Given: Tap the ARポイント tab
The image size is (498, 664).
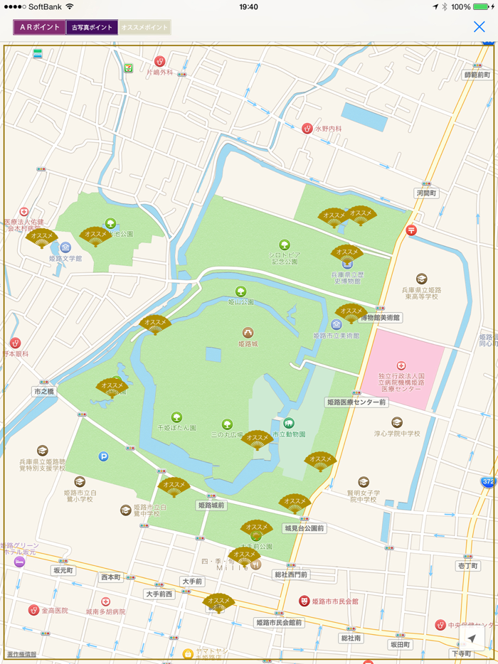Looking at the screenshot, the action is [x=40, y=27].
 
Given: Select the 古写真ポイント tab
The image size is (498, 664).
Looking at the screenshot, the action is [x=92, y=27].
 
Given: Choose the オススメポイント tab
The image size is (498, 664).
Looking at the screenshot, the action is [x=144, y=27].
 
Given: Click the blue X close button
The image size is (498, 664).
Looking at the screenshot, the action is [x=480, y=27].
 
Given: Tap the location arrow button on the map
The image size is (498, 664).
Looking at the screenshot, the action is [x=472, y=639].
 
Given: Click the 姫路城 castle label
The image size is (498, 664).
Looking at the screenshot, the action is [x=248, y=343].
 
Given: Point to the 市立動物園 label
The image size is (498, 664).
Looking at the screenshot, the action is [x=289, y=434].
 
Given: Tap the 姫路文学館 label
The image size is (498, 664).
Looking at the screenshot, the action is [x=65, y=258].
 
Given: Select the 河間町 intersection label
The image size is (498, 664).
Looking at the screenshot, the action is [x=427, y=193].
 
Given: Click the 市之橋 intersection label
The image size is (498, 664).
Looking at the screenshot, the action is [x=43, y=392].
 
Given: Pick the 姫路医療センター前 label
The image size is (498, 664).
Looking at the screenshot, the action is [x=356, y=402].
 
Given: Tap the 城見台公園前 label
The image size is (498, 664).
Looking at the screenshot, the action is [x=304, y=528].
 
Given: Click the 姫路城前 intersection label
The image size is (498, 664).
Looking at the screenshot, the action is [x=211, y=505].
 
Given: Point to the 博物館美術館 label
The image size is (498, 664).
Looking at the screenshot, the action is [x=380, y=318].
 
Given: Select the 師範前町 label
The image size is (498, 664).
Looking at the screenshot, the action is [x=477, y=75].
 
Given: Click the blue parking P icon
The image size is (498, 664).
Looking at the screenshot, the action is [x=103, y=456].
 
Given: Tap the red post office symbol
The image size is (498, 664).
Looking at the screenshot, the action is [x=411, y=230].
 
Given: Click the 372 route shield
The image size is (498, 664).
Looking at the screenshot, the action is [x=487, y=482].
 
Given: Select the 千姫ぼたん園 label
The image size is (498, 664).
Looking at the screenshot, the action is [x=176, y=428].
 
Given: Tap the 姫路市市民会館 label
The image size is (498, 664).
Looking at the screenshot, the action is [x=333, y=601].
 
